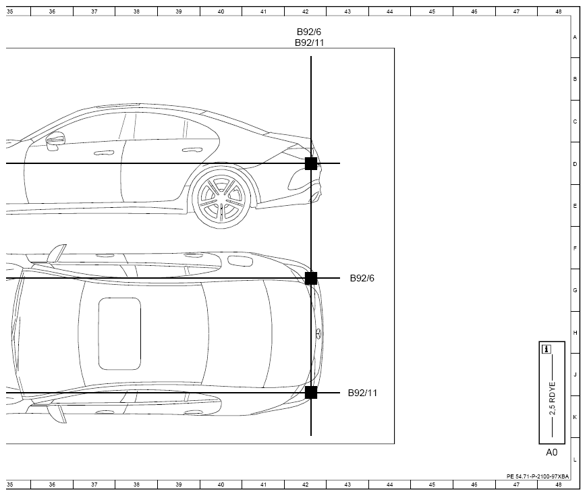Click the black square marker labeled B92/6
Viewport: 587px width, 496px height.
[311, 278]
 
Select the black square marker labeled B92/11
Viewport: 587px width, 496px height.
[311, 393]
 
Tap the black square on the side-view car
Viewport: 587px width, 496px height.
[311, 163]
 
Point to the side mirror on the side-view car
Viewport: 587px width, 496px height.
[55, 141]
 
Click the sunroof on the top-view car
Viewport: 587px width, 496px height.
[119, 333]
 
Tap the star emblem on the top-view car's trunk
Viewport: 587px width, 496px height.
[318, 333]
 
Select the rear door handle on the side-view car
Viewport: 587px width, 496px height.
[192, 150]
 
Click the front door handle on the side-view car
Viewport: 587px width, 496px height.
[104, 153]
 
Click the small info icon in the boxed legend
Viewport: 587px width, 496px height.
[547, 350]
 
